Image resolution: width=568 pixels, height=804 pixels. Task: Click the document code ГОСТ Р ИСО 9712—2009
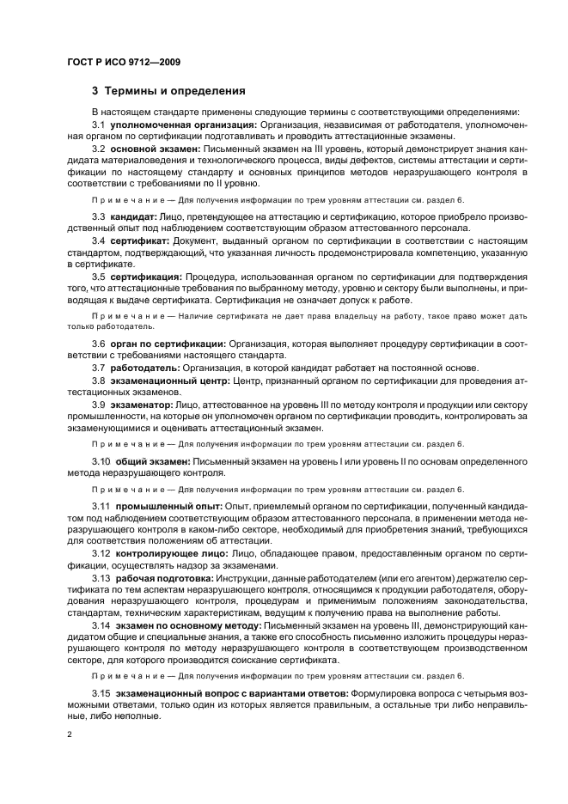[122, 62]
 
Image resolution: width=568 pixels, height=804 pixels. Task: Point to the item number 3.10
[102, 461]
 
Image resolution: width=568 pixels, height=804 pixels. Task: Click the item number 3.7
[99, 368]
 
